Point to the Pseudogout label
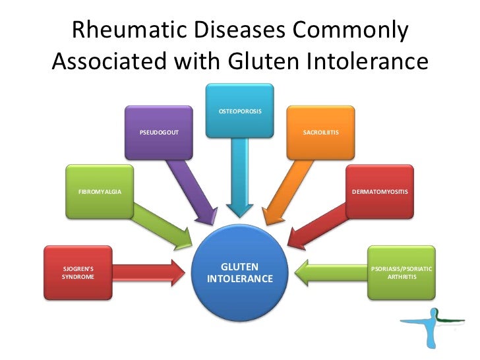[x=159, y=133]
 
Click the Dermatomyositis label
[x=380, y=191]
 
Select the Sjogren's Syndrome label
[x=78, y=273]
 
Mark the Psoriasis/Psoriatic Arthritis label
[x=402, y=273]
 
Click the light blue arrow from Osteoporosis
[x=239, y=178]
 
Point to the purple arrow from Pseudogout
[x=191, y=188]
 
